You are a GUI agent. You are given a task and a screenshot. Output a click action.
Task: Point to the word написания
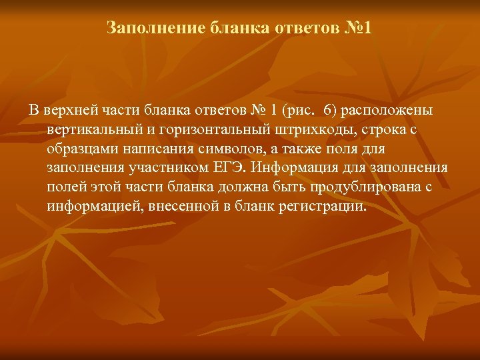155,148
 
